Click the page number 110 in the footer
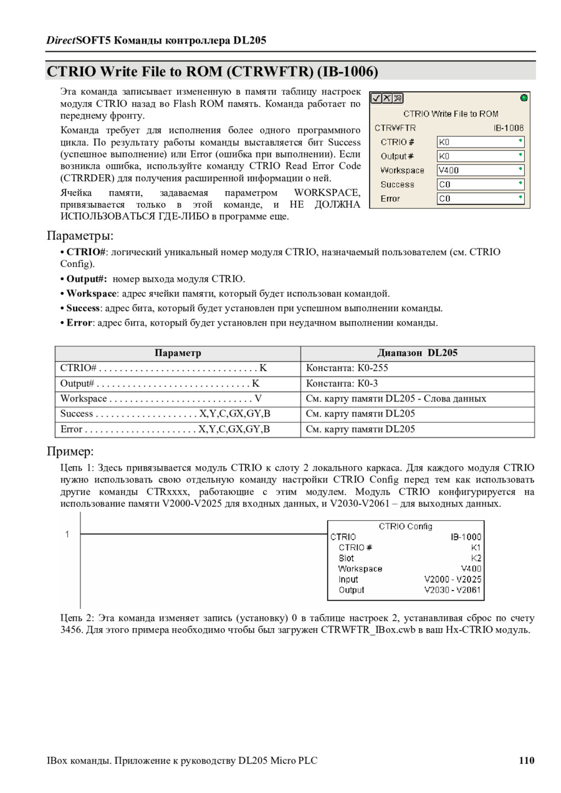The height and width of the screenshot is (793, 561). point(526,760)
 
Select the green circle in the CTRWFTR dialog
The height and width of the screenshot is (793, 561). point(524,98)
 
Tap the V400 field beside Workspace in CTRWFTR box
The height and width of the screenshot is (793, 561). point(480,170)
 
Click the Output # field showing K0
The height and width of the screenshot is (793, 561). point(480,156)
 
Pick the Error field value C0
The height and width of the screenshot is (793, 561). point(480,199)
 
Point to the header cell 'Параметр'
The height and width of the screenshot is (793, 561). point(178,353)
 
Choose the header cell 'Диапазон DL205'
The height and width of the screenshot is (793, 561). point(417,353)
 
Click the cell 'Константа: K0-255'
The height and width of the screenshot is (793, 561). point(347,368)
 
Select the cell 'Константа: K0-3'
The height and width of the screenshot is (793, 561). point(342,383)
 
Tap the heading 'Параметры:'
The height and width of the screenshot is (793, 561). point(80,236)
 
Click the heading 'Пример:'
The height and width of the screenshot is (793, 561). point(70,451)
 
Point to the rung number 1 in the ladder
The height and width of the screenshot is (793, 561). point(67,534)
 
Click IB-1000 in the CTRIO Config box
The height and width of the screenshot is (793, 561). point(466,537)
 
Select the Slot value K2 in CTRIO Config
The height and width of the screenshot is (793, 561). point(476,558)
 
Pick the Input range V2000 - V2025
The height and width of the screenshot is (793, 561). point(453,579)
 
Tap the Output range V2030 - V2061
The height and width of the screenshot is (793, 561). point(453,589)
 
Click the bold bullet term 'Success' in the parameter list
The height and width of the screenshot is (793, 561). point(84,308)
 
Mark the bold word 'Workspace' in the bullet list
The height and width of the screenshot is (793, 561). point(92,294)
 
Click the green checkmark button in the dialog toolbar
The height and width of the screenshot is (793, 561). point(376,98)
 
